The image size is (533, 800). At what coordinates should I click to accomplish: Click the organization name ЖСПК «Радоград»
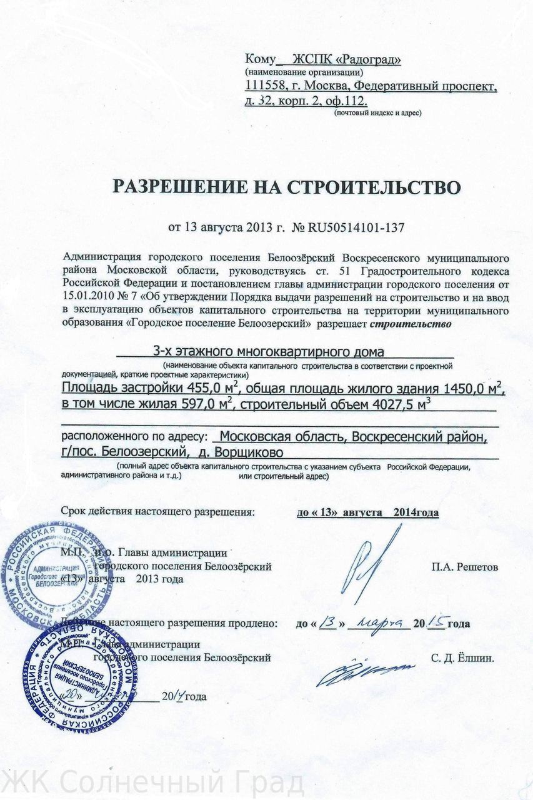tap(342, 60)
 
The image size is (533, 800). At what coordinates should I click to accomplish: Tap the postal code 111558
tap(265, 86)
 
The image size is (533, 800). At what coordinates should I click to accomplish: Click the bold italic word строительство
tap(409, 324)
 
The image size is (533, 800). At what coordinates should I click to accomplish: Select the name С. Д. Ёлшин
tap(462, 657)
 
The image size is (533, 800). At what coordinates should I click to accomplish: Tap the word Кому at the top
tap(260, 60)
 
